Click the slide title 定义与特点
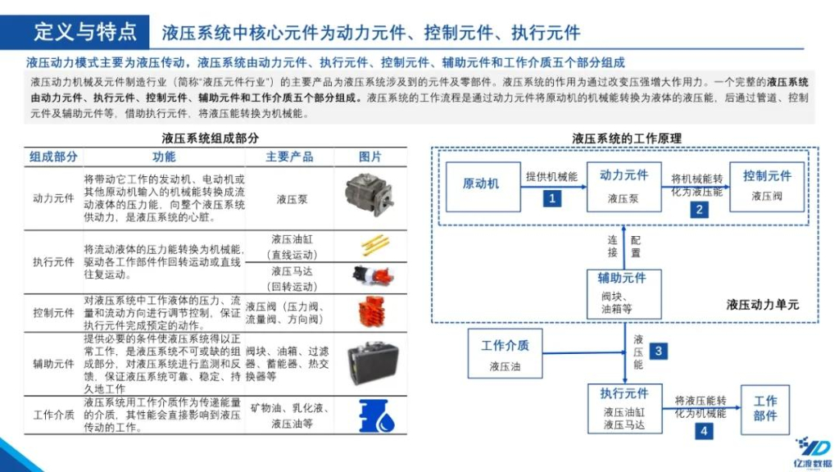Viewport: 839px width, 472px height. pyautogui.click(x=85, y=32)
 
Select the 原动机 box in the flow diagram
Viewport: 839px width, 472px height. pyautogui.click(x=481, y=184)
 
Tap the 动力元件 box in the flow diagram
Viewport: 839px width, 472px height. pyautogui.click(x=624, y=186)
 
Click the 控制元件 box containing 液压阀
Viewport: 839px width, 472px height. pyautogui.click(x=767, y=186)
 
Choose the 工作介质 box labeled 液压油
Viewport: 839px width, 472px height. pyautogui.click(x=505, y=354)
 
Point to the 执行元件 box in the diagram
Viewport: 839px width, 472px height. pyautogui.click(x=624, y=408)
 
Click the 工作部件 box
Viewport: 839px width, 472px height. pyautogui.click(x=765, y=408)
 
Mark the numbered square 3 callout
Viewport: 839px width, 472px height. pyautogui.click(x=658, y=351)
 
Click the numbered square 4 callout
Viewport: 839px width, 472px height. pyautogui.click(x=702, y=431)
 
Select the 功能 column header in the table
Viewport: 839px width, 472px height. pyautogui.click(x=164, y=157)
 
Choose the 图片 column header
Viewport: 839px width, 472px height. pyautogui.click(x=370, y=157)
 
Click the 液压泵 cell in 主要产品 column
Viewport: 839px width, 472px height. pyautogui.click(x=292, y=198)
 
